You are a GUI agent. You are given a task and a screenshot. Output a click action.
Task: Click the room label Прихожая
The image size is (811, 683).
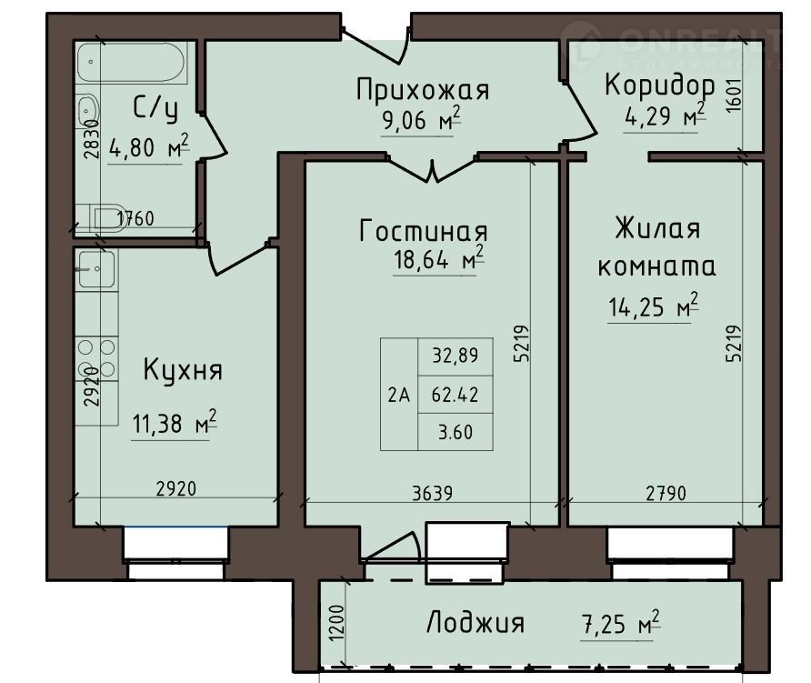423,89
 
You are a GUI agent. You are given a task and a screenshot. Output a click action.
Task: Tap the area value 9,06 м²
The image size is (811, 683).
421,119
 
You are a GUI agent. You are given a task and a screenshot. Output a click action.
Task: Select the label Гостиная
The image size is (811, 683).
423,231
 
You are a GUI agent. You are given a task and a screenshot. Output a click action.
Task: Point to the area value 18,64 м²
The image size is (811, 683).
439,258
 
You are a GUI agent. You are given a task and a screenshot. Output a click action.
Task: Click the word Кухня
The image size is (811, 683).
183,370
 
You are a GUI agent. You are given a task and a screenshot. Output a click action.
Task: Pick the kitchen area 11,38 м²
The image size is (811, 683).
175,423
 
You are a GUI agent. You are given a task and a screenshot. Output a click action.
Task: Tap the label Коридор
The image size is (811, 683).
660,85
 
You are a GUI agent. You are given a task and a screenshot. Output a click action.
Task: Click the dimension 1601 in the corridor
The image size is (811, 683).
735,95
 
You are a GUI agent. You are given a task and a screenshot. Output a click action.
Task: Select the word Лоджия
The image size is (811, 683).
476,622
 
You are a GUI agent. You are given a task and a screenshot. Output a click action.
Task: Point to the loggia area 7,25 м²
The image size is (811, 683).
621,624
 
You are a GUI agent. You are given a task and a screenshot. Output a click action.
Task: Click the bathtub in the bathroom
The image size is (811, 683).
131,62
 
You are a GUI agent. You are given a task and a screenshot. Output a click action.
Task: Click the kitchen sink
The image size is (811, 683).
96,268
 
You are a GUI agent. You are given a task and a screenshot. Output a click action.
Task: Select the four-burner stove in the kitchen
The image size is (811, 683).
96,358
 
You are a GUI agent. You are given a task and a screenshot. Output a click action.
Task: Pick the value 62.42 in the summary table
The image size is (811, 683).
456,395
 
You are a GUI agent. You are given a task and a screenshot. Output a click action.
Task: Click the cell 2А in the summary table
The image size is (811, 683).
399,396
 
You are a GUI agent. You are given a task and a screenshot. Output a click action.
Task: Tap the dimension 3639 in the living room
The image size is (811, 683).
433,493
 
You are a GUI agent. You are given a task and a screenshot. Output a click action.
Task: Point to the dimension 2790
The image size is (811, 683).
666,493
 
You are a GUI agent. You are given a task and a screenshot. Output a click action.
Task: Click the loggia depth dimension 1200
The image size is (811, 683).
336,622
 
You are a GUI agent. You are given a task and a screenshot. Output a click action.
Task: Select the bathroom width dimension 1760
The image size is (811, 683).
135,218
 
